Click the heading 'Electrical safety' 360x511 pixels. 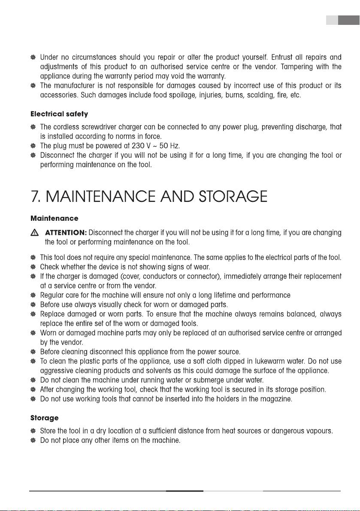59,115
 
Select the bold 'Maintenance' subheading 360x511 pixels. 54,219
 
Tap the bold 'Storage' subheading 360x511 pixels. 44,417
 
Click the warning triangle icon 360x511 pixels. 35,233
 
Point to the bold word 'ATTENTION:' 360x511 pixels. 66,233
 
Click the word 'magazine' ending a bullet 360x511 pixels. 277,399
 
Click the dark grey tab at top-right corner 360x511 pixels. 348,20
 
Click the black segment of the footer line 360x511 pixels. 185,491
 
